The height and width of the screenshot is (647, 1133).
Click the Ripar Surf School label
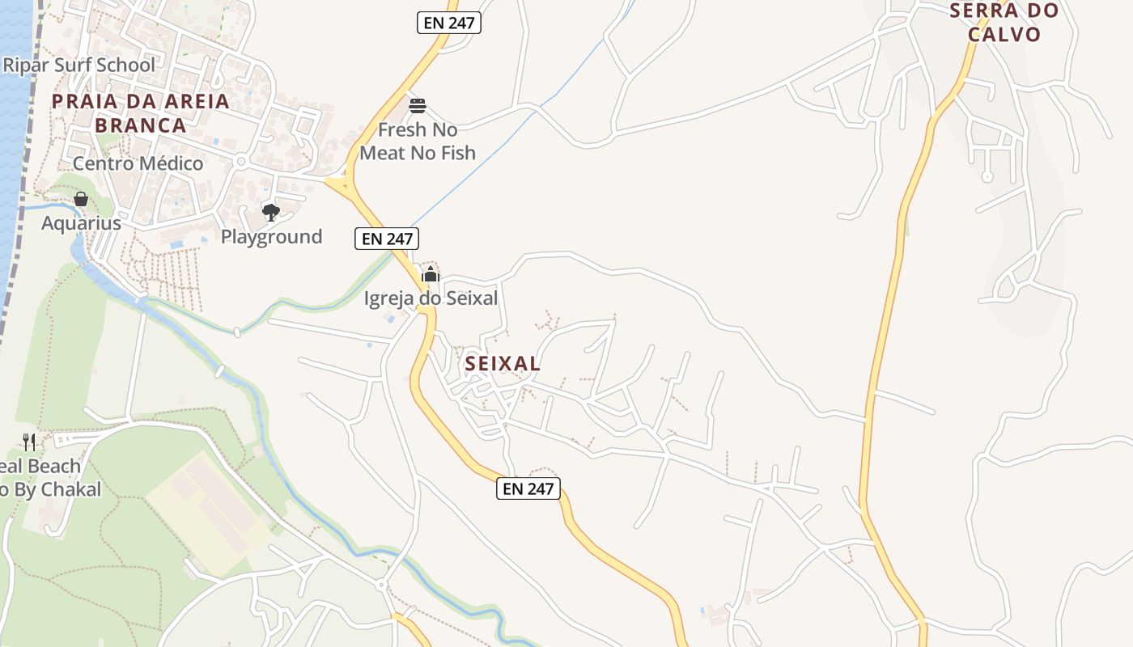pyautogui.click(x=79, y=65)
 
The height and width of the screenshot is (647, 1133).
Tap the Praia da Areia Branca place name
pyautogui.click(x=141, y=113)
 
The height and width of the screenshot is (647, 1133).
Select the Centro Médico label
pyautogui.click(x=138, y=163)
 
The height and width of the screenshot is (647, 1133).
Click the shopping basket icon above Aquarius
pyautogui.click(x=81, y=199)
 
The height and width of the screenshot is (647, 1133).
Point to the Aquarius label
pyautogui.click(x=81, y=223)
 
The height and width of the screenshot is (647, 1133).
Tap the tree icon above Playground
pyautogui.click(x=271, y=213)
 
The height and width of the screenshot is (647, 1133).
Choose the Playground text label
pyautogui.click(x=271, y=237)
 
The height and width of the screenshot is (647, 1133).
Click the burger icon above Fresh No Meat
pyautogui.click(x=418, y=106)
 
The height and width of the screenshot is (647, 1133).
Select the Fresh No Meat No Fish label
pyautogui.click(x=418, y=141)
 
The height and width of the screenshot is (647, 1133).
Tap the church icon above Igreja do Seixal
pyautogui.click(x=430, y=274)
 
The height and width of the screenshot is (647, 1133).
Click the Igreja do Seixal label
pyautogui.click(x=431, y=298)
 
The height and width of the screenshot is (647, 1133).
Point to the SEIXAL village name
pyautogui.click(x=503, y=364)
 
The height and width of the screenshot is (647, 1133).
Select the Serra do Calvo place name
pyautogui.click(x=1004, y=23)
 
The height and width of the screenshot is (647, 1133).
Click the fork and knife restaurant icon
pyautogui.click(x=29, y=442)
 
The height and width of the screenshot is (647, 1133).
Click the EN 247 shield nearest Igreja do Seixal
pyautogui.click(x=387, y=239)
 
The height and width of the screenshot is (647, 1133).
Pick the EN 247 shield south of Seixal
pyautogui.click(x=528, y=488)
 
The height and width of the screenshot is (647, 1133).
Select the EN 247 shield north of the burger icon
pyautogui.click(x=449, y=23)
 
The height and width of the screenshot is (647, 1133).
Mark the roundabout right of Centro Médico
pyautogui.click(x=240, y=163)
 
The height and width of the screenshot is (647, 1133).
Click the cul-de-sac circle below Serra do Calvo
pyautogui.click(x=987, y=176)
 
